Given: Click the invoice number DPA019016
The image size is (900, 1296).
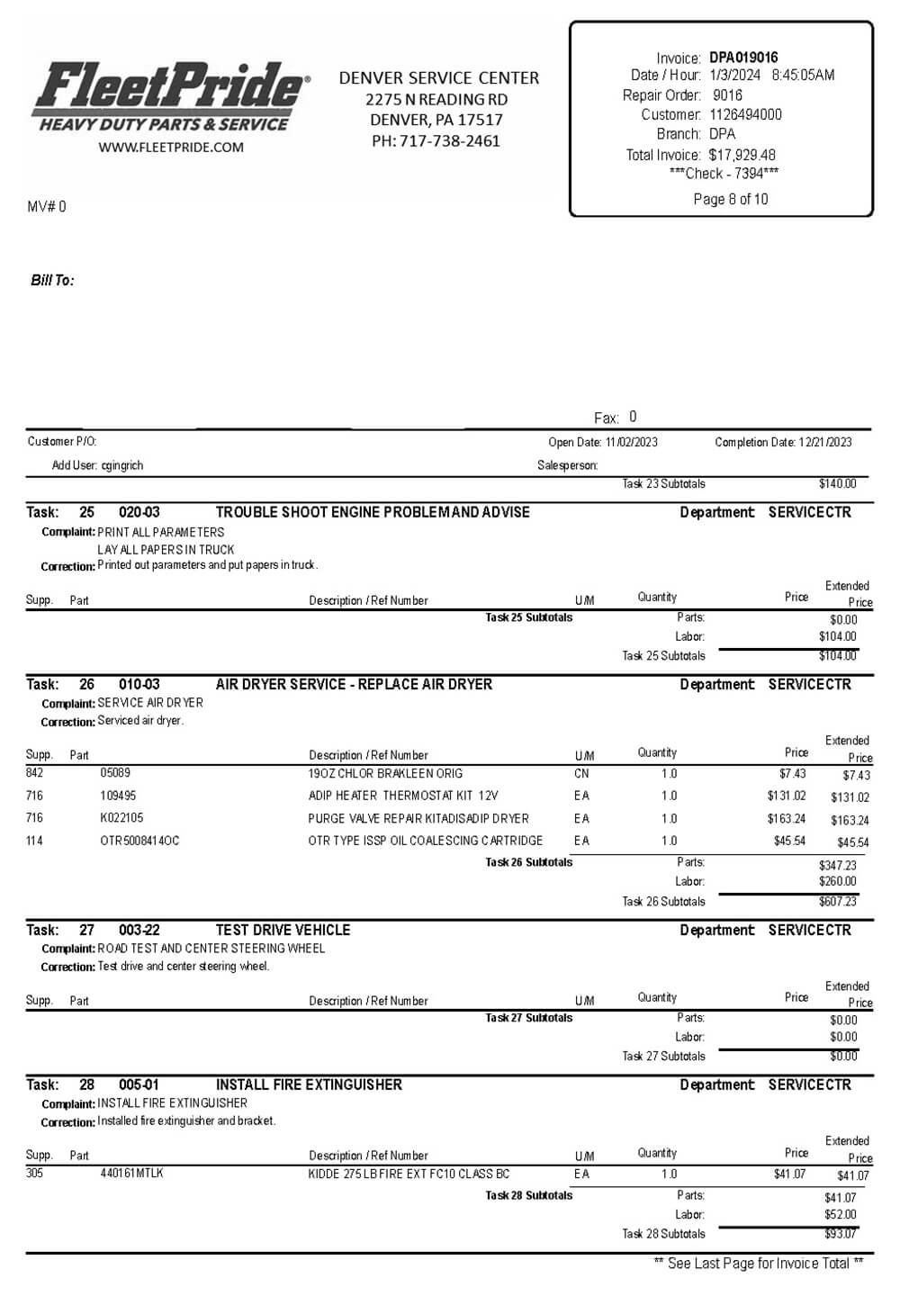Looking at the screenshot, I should click(743, 58).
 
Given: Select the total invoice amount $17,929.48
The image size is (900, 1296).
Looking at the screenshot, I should click(742, 155).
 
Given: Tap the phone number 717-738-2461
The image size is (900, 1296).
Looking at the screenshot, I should click(450, 140).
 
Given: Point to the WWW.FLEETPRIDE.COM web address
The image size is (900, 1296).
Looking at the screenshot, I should click(171, 148).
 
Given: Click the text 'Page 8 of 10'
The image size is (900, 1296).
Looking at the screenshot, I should click(731, 199).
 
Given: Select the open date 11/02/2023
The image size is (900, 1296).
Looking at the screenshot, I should click(631, 442).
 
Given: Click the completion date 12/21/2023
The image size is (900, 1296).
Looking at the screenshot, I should click(824, 442).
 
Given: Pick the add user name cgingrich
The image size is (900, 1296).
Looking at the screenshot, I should click(121, 465).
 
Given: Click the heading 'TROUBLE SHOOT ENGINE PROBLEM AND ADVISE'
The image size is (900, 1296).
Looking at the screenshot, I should click(373, 512).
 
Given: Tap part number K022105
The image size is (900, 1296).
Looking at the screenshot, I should click(121, 818).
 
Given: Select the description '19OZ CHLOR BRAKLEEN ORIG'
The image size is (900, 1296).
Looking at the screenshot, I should click(385, 773).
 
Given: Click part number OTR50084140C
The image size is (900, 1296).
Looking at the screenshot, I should click(139, 841).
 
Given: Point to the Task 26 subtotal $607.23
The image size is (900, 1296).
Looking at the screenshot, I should click(837, 901).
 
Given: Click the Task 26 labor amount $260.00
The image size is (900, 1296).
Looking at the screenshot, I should click(837, 881).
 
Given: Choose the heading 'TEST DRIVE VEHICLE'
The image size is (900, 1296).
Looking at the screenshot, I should click(283, 930).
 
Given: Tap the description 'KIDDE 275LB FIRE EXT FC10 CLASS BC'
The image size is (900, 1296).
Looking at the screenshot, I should click(409, 1174).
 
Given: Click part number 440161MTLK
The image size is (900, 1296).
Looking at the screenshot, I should click(131, 1174).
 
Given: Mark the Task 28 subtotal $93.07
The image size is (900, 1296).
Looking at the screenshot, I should click(840, 1234).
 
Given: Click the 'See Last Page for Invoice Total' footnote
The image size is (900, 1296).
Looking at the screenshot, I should click(758, 1264).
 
